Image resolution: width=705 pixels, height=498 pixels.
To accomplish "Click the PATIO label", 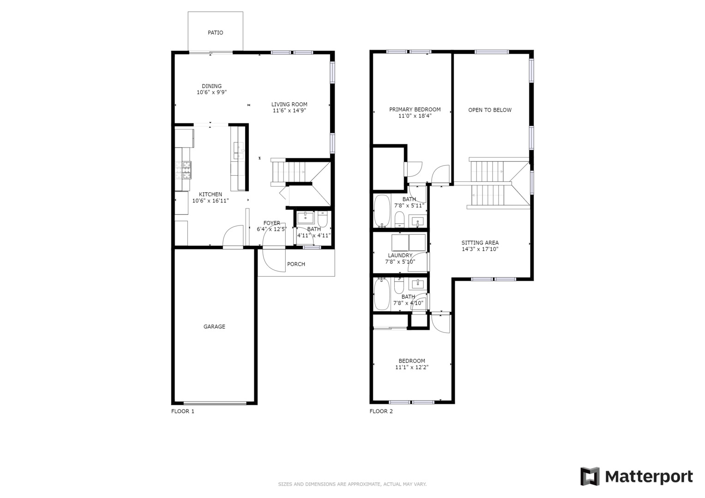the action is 215,33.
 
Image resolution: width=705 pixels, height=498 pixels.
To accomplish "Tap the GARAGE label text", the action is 214,326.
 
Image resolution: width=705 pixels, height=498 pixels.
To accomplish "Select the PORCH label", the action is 296,264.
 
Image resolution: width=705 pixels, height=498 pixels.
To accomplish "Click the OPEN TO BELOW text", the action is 490,110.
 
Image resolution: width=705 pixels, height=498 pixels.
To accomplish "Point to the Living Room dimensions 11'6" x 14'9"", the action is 289,110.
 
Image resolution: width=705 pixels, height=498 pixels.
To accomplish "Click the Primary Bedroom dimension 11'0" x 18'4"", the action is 415,116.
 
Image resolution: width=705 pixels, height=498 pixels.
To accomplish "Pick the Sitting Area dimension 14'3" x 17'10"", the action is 480,249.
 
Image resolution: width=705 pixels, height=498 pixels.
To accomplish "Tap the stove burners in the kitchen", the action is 183,170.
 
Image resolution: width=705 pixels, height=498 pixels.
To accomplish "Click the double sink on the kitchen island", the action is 239,151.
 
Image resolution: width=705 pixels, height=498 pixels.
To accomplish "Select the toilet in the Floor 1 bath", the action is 323,219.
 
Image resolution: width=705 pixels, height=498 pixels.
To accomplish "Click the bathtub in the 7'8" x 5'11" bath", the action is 382,211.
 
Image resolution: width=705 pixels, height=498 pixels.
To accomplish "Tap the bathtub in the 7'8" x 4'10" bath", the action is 382,294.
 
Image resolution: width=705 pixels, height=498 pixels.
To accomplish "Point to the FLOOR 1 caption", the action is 183,411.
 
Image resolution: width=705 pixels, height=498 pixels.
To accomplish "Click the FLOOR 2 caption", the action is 381,411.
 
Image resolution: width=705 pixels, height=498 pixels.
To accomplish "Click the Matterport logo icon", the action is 590,477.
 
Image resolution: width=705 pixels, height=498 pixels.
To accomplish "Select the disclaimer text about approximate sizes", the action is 352,484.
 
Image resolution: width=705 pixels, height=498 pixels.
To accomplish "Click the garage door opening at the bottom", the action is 215,403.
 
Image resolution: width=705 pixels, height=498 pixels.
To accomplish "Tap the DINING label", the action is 211,86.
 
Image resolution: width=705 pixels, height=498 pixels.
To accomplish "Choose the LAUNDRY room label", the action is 400,255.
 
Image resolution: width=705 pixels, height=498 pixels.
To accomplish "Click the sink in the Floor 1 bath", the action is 305,218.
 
